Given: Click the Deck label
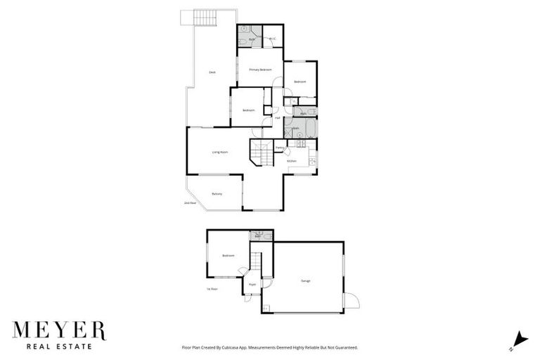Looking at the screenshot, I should click(x=212, y=73).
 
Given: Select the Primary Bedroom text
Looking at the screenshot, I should click(x=260, y=70).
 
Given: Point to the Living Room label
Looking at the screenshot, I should click(x=220, y=152).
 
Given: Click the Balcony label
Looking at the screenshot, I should click(x=217, y=194).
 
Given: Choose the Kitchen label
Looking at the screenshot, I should click(x=292, y=161).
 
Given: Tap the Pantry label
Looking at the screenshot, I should click(x=279, y=148).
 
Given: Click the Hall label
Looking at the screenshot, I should click(x=278, y=118).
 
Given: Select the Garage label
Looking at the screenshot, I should click(x=306, y=281).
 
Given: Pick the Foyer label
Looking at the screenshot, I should click(x=252, y=284).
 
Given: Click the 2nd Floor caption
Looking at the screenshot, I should click(x=188, y=203).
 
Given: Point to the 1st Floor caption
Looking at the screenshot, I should click(x=212, y=289).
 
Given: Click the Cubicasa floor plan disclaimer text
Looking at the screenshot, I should click(x=270, y=347).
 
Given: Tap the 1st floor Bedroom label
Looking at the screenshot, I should click(x=229, y=256).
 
